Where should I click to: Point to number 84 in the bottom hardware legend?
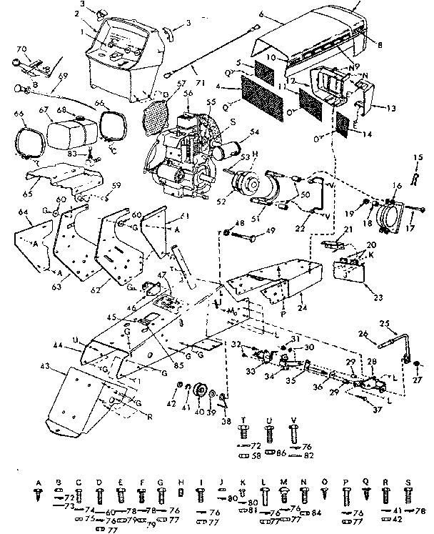pyautogui.click(x=316, y=513)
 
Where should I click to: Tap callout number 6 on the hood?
pyautogui.click(x=263, y=14)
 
